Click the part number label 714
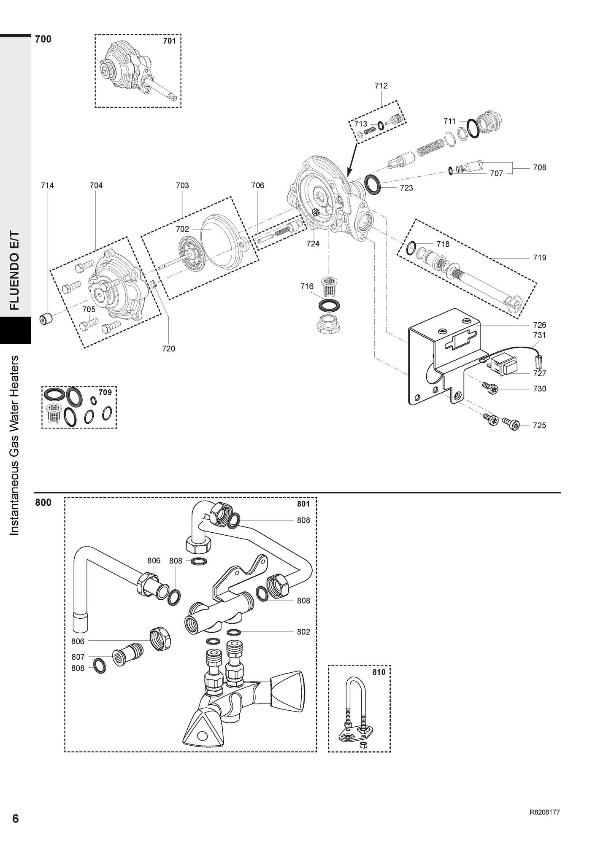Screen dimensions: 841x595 [x=47, y=185]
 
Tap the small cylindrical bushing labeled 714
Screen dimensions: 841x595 [x=46, y=319]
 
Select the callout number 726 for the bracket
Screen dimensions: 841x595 [x=539, y=325]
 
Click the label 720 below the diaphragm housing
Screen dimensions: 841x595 [x=168, y=348]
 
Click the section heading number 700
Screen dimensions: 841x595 [x=43, y=39]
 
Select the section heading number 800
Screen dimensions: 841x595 [x=43, y=502]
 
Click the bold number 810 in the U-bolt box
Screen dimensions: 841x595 [x=379, y=672]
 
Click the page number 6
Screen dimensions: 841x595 [x=15, y=818]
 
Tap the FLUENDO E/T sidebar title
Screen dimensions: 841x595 [x=15, y=270]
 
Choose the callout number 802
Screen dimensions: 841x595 [x=303, y=631]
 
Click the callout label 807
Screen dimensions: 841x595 [x=78, y=657]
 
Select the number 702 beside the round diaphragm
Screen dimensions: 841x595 [x=182, y=229]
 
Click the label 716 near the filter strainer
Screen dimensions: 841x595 [x=307, y=286]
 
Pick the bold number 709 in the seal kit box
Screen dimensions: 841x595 [x=105, y=392]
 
